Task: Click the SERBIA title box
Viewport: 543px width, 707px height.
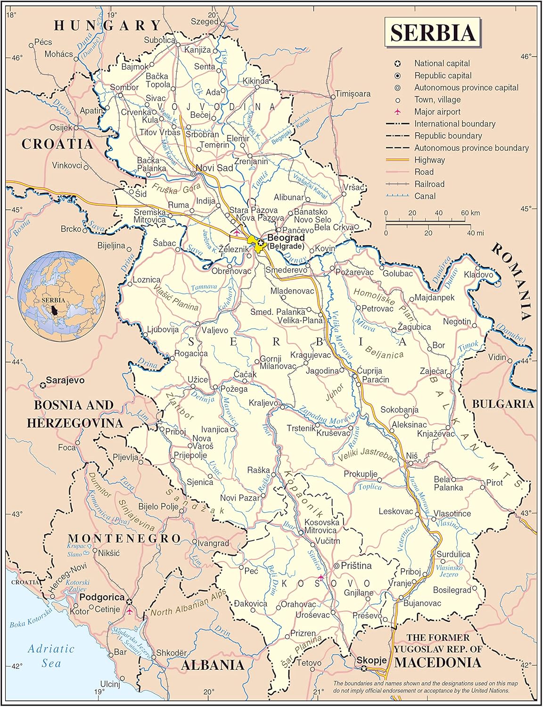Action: (x=432, y=32)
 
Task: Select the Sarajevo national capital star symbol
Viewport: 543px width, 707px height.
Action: (x=43, y=386)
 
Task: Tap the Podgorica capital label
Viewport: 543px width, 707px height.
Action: (x=102, y=597)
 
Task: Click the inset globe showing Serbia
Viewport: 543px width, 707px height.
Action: (x=61, y=296)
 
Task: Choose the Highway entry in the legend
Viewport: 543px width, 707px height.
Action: (x=429, y=160)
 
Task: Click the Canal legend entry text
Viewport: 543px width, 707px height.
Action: (x=425, y=196)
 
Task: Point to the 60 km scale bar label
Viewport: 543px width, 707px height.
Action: (x=470, y=213)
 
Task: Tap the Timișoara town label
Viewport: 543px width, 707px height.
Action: (x=353, y=94)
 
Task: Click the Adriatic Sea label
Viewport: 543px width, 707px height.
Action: (x=51, y=656)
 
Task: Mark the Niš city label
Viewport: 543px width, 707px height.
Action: (x=412, y=456)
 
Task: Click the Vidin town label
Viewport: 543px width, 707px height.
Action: (x=497, y=357)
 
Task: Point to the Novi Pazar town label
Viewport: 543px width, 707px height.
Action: (x=239, y=498)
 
